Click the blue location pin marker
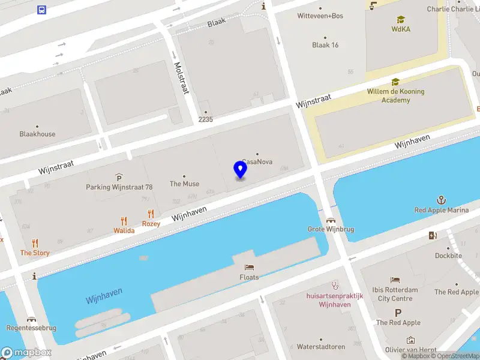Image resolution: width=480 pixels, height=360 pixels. [x=240, y=169]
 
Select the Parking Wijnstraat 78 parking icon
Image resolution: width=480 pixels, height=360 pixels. [x=119, y=176]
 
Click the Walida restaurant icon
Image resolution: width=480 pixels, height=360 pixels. [x=124, y=220]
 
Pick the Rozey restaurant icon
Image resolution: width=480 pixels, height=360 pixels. [x=151, y=214]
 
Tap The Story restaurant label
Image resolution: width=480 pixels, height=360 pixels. [x=35, y=253]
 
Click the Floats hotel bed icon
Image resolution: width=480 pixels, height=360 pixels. [x=249, y=267]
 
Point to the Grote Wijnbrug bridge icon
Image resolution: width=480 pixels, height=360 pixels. [x=330, y=220]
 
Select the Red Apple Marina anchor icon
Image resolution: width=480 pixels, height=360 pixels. [x=441, y=200]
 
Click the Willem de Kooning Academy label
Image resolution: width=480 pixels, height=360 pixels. [x=395, y=96]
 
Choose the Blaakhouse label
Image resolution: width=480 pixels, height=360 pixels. [x=37, y=134]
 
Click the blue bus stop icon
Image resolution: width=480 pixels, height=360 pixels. [x=41, y=10]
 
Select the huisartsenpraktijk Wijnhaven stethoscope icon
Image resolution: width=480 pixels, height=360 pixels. [x=335, y=286]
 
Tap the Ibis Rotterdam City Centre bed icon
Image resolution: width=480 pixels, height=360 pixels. [x=395, y=280]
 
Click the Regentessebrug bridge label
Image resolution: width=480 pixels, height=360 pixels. [x=31, y=328]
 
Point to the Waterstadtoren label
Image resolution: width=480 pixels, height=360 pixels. [x=320, y=347]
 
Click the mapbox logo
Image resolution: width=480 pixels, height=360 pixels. [x=26, y=352]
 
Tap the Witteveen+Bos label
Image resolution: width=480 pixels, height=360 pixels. [x=320, y=16]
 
